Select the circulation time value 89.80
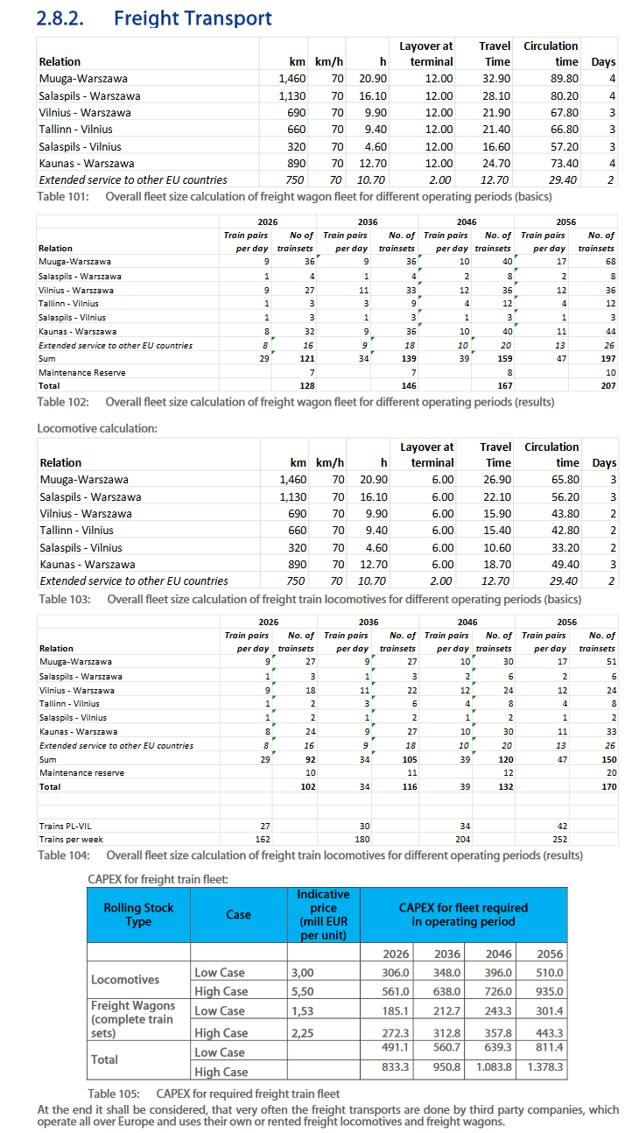pos(565,79)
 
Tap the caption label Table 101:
pos(62,196)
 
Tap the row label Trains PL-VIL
pos(65,826)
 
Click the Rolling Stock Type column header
pos(138,914)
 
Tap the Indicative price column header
pos(323,914)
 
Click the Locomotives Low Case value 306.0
pos(397,972)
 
